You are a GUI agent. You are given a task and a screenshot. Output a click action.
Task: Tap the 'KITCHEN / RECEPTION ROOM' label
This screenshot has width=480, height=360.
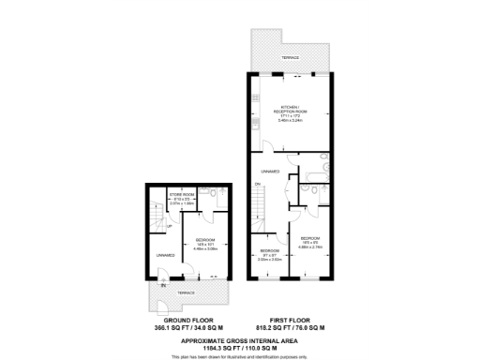(290, 110)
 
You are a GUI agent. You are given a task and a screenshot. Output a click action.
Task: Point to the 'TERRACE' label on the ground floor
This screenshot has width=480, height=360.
(187, 293)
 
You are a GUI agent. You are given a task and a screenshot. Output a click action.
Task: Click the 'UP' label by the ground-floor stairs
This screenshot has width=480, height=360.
(169, 226)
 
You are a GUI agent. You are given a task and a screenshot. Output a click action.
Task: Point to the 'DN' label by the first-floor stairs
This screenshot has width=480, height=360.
(257, 185)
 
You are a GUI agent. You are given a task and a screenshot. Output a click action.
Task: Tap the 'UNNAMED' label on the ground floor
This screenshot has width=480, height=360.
(166, 254)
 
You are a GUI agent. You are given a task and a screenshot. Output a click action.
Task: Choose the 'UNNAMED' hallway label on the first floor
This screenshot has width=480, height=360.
(271, 172)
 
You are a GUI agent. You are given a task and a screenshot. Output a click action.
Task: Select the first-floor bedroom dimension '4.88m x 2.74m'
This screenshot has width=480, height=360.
(311, 247)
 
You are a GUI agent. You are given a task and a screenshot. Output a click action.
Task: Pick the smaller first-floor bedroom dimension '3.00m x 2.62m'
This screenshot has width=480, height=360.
(270, 260)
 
